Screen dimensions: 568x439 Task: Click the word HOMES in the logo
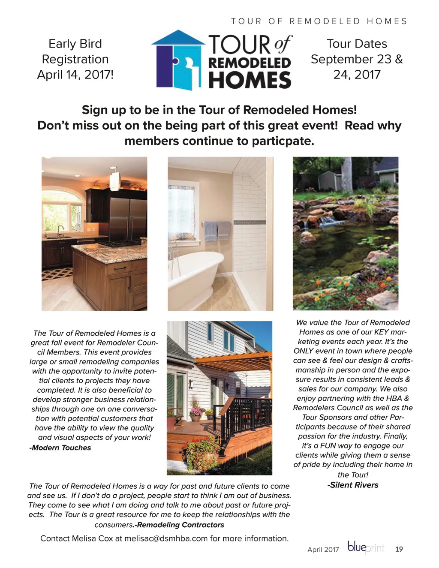(250, 80)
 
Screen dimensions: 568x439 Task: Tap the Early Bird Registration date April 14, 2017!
(75, 75)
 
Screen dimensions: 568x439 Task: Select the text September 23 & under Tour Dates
(357, 59)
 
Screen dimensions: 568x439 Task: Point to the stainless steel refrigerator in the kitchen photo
(128, 219)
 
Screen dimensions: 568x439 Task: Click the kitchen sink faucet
(60, 230)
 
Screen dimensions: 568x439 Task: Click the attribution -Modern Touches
(60, 448)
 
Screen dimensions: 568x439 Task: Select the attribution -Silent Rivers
(353, 485)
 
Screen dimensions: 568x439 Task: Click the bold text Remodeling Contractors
(180, 525)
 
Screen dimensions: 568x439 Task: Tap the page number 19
(399, 549)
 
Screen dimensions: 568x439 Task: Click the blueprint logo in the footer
(365, 548)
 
